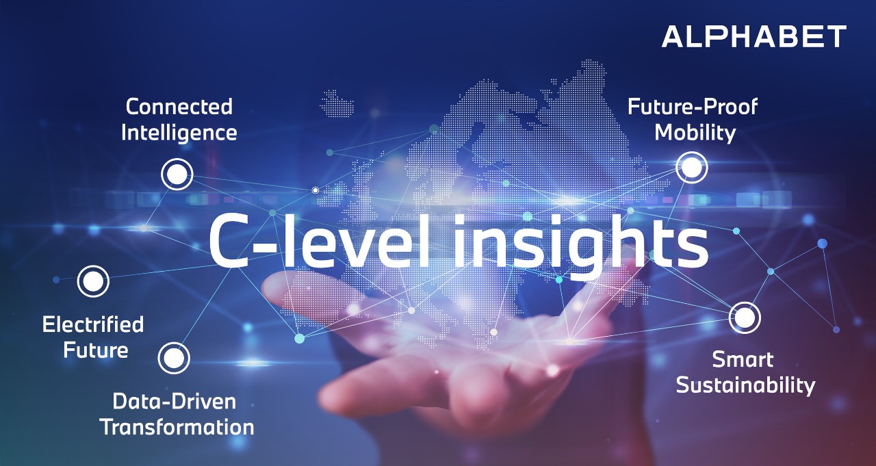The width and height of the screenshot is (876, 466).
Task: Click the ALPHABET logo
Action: (753, 36)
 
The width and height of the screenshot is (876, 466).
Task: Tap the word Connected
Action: (179, 107)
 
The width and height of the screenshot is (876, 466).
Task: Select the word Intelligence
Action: (179, 132)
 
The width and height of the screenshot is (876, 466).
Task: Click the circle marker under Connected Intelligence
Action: (177, 174)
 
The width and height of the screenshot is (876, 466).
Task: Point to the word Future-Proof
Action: (693, 107)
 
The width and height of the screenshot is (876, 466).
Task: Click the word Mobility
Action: (695, 132)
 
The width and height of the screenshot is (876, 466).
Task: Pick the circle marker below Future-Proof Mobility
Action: (692, 167)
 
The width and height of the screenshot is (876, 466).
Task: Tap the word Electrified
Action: (93, 324)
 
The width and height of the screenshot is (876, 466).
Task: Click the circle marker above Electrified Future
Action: (93, 281)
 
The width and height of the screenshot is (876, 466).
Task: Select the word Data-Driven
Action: (174, 401)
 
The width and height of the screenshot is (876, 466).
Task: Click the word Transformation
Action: (177, 427)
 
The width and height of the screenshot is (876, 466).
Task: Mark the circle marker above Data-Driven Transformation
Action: (174, 358)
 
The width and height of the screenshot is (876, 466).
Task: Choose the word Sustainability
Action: (745, 385)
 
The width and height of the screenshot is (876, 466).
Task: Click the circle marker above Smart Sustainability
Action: (745, 318)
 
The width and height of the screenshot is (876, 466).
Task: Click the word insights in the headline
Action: (580, 241)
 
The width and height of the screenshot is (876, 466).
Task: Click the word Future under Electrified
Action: (96, 350)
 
